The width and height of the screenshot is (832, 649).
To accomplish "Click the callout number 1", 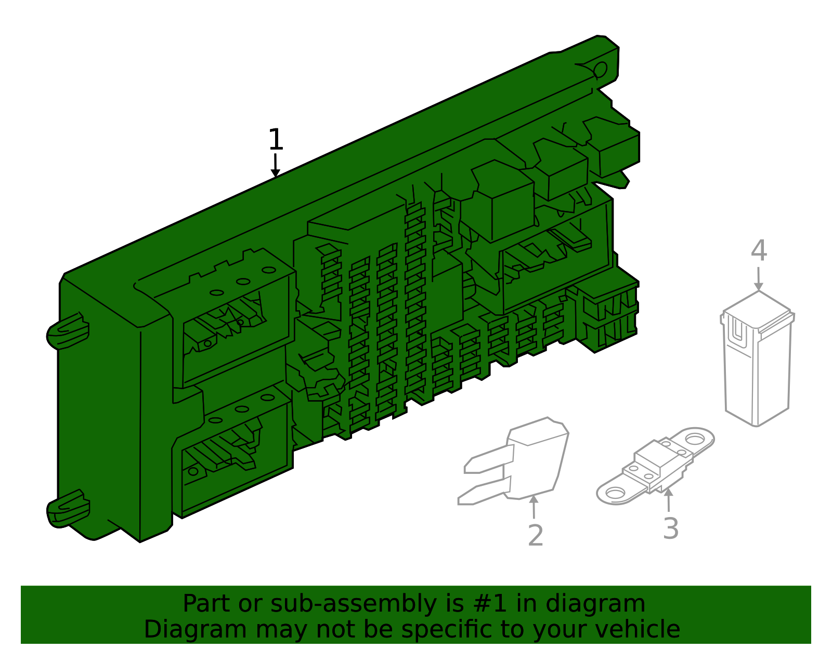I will click(x=276, y=140).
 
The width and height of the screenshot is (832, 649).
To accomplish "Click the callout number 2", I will click(x=535, y=535).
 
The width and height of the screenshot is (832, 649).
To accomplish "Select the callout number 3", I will click(x=671, y=528).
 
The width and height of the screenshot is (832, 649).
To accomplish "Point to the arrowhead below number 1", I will click(x=276, y=173).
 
